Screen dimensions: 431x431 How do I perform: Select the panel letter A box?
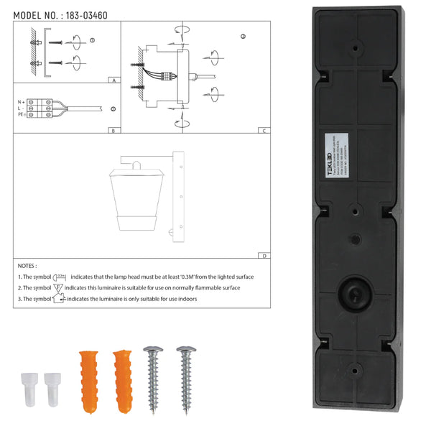[114, 81]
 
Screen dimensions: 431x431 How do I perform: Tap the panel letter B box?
[114, 131]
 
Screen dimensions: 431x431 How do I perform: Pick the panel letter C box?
[265, 131]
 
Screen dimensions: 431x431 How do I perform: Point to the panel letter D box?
[265, 256]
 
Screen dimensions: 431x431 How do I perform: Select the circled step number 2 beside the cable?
[113, 108]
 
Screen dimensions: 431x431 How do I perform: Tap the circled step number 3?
[243, 36]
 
